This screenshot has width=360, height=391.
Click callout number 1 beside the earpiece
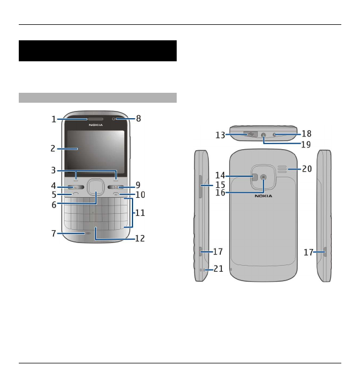[54, 119]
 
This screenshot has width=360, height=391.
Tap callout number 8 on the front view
[139, 118]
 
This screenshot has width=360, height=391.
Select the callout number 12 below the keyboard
[140, 239]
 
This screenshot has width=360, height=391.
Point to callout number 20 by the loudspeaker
[306, 169]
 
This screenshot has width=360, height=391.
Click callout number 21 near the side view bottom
[219, 268]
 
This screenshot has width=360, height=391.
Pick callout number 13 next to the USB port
[220, 135]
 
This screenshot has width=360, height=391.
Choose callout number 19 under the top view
[306, 145]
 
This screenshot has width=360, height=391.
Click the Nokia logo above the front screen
[96, 125]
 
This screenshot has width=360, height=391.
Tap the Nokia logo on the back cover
[263, 196]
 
